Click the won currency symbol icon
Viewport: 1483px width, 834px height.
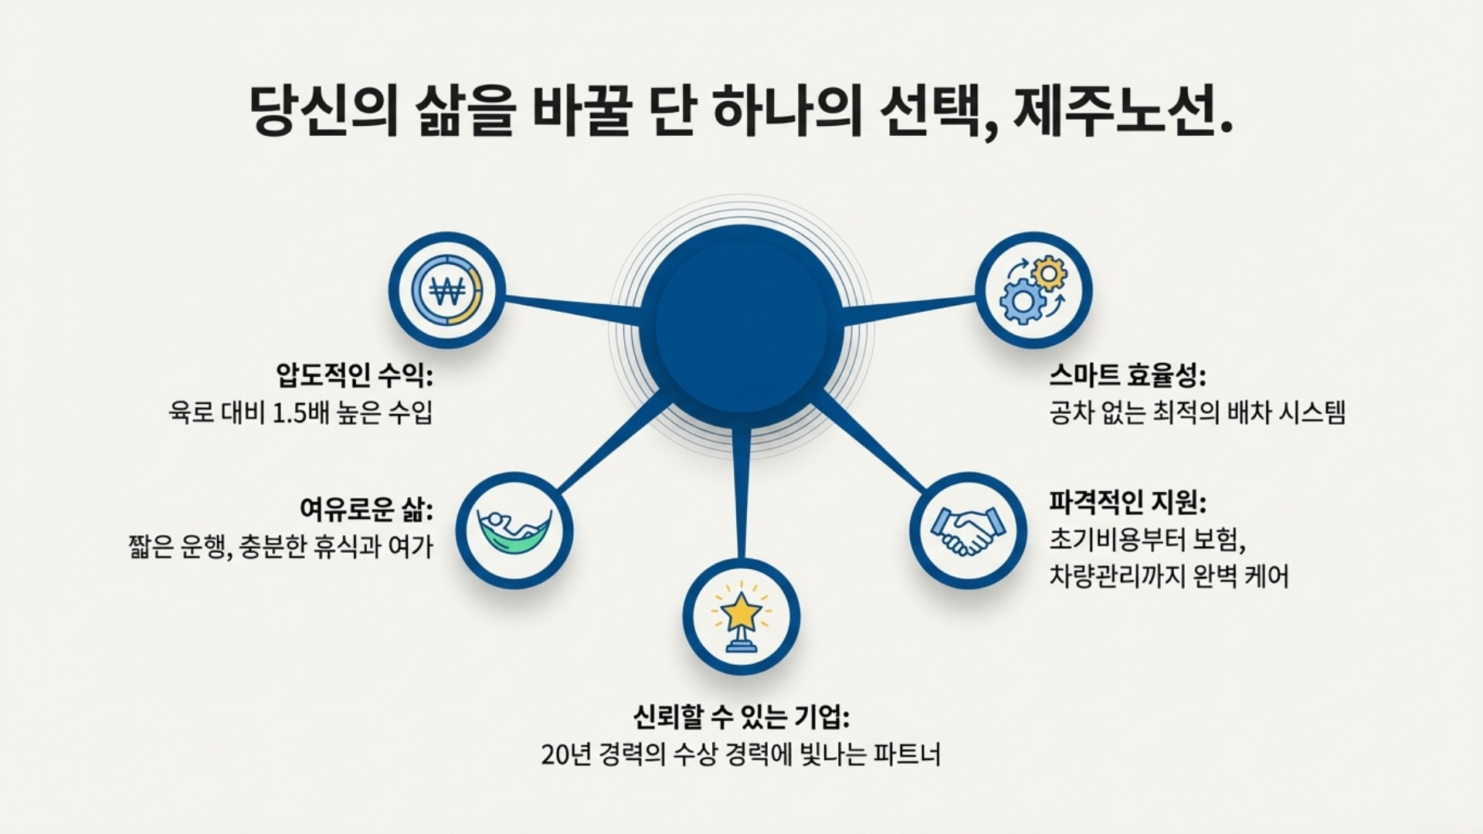446,290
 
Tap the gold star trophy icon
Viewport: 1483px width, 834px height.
741,616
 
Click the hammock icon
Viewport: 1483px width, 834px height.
514,531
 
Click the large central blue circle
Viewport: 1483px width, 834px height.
741,324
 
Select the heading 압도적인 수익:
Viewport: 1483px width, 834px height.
354,376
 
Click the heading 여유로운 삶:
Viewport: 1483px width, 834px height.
365,510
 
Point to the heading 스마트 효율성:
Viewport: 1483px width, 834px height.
1127,376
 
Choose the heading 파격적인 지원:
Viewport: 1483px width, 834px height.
1127,503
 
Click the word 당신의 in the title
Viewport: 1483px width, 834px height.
324,113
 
